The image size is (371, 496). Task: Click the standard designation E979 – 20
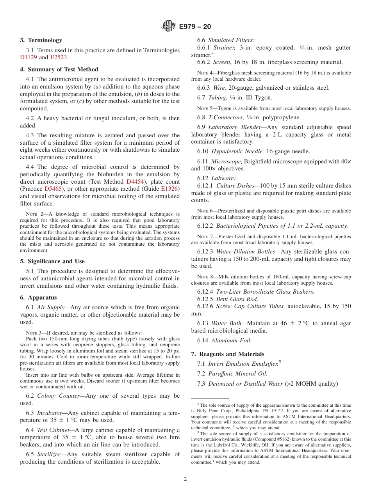[x=195, y=27]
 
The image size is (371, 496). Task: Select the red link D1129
[x=29, y=57]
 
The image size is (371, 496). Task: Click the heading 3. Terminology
[x=41, y=40]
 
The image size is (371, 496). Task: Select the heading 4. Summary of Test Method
[x=59, y=69]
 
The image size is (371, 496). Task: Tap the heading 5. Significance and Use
[x=52, y=261]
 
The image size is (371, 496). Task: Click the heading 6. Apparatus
[x=38, y=298]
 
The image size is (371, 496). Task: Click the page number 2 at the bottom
[x=185, y=479]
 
